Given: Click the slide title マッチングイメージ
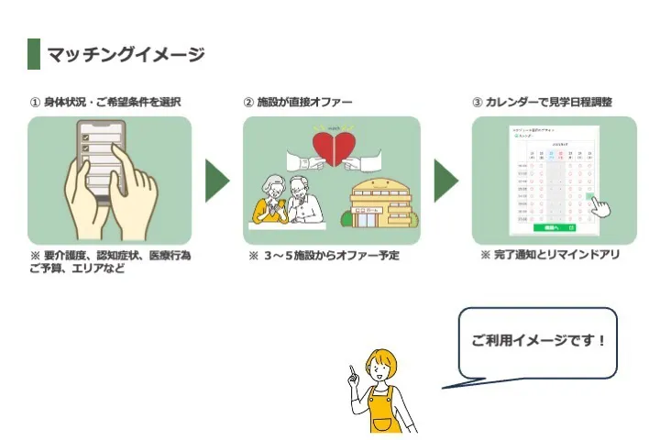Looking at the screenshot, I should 126,55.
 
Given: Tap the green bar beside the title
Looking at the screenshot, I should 34,54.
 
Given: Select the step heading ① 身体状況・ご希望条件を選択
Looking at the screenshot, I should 103,102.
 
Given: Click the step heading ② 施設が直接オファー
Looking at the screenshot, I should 297,102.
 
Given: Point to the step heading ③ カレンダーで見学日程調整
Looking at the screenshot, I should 542,102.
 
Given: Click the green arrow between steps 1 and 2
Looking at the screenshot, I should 217,181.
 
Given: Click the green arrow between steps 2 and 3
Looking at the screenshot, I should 445,181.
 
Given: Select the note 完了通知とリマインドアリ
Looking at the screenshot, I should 550,255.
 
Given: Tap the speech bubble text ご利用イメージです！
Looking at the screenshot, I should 539,340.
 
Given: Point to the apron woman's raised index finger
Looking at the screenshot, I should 351,369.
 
